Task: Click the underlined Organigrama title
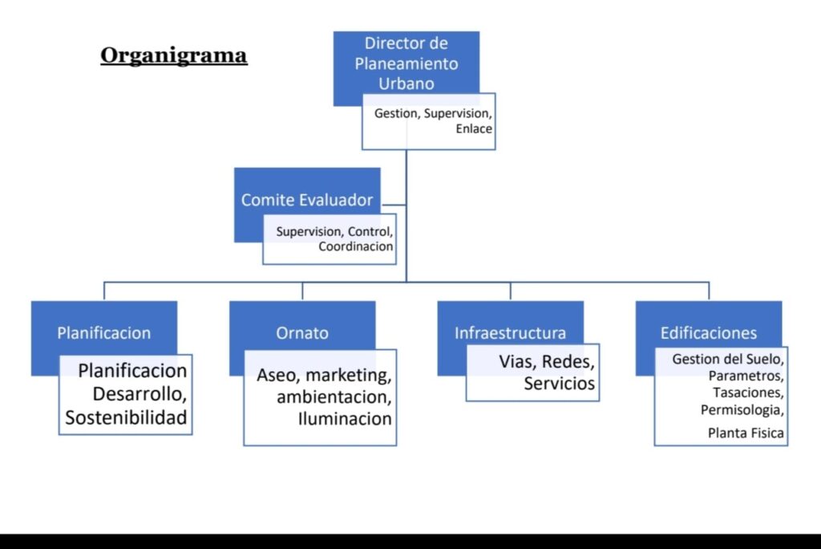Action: pyautogui.click(x=173, y=55)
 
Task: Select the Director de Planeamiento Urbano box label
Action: pyautogui.click(x=406, y=63)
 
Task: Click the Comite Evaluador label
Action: pyautogui.click(x=307, y=200)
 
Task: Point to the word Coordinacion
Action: pyautogui.click(x=355, y=246)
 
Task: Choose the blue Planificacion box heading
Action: pyautogui.click(x=103, y=332)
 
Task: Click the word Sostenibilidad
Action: pyautogui.click(x=126, y=417)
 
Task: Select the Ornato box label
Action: pyautogui.click(x=301, y=332)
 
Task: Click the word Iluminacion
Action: pyautogui.click(x=345, y=418)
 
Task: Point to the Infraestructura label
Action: pyautogui.click(x=510, y=332)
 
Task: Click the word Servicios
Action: pyautogui.click(x=559, y=384)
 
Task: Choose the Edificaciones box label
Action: pyautogui.click(x=708, y=332)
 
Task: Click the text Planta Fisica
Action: pyautogui.click(x=746, y=433)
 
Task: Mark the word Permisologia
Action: pyautogui.click(x=742, y=410)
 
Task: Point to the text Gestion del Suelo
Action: pyautogui.click(x=727, y=359)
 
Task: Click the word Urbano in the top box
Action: pyautogui.click(x=406, y=83)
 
